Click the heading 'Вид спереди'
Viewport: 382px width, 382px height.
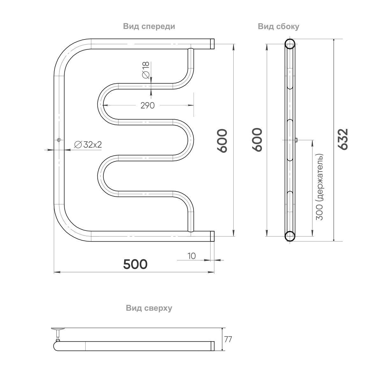click(149, 26)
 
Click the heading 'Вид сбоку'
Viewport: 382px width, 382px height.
click(279, 26)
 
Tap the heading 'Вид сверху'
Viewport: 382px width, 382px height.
click(149, 308)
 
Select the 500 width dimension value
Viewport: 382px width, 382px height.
click(135, 264)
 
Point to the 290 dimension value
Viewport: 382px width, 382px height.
click(147, 105)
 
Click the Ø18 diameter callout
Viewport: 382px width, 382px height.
click(145, 70)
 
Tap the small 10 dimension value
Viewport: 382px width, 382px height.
click(191, 256)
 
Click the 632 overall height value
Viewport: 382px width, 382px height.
click(343, 139)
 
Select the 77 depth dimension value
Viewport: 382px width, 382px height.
click(228, 339)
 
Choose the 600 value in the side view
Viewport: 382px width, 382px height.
click(257, 140)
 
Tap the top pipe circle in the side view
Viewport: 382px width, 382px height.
click(290, 44)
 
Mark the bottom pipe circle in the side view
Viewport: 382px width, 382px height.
click(290, 236)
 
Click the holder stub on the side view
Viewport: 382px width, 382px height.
click(296, 140)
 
